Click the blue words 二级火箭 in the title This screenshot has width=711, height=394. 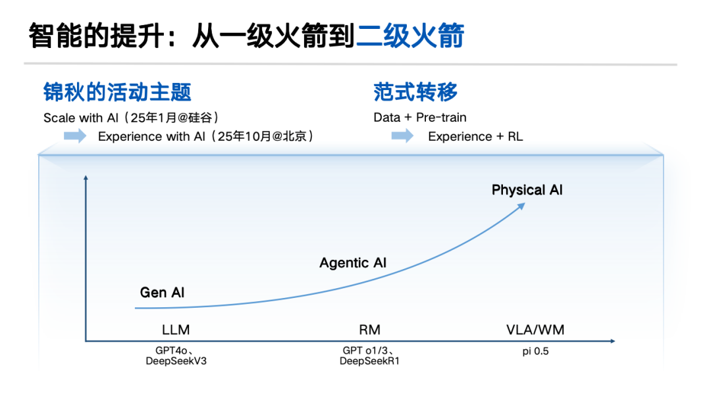[x=410, y=36]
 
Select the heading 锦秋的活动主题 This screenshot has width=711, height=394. [x=117, y=91]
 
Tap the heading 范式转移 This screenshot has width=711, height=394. [x=415, y=91]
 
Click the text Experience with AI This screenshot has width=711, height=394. [x=156, y=137]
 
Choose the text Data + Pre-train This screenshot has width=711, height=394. [x=420, y=118]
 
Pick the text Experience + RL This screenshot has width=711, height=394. [x=475, y=137]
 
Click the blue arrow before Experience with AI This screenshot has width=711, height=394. [x=75, y=136]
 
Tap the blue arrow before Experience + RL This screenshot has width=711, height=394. [x=402, y=136]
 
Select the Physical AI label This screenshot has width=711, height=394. [x=527, y=190]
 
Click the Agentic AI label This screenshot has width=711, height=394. [x=353, y=263]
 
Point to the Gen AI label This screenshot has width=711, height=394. [x=162, y=292]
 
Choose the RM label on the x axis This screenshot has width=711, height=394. [x=369, y=330]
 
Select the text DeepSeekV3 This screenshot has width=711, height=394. [x=180, y=361]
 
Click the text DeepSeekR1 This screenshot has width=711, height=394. [x=369, y=361]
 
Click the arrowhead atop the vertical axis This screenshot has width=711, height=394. [x=86, y=177]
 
